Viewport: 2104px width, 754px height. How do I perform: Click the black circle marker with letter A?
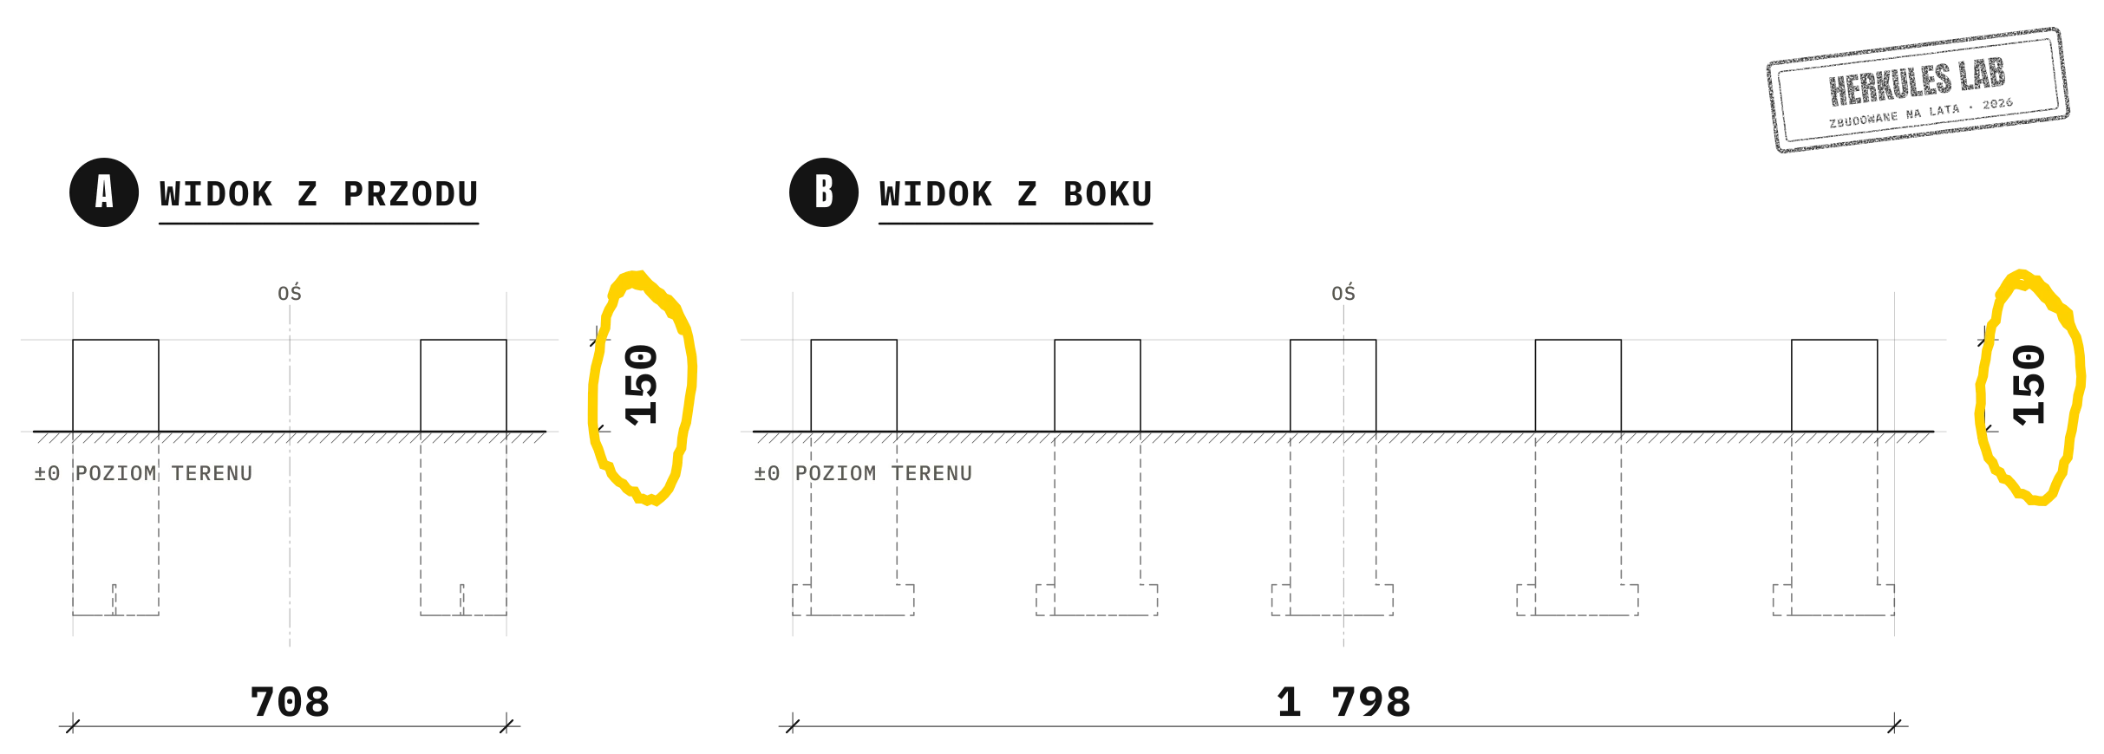104,192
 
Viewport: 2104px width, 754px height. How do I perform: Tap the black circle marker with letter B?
824,192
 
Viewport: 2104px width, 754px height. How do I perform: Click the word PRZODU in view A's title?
411,194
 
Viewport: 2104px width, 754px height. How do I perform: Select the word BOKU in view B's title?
1108,194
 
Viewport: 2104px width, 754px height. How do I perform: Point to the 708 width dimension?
290,702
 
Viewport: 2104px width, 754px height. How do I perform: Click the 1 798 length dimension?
1343,702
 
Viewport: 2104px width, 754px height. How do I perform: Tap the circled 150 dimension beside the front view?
642,385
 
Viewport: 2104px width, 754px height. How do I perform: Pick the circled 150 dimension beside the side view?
2029,385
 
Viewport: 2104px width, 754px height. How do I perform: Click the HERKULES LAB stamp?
1918,90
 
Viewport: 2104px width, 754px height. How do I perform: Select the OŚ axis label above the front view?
290,293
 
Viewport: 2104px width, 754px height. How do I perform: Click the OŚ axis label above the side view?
1343,293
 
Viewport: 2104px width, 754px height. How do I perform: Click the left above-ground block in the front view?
115,386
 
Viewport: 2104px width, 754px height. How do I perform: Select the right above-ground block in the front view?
464,386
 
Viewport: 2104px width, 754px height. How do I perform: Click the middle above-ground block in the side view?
1333,386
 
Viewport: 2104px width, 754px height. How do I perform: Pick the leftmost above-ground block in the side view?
854,386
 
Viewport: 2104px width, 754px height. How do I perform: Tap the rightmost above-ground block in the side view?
1834,386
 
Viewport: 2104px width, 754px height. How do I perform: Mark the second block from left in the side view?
1098,386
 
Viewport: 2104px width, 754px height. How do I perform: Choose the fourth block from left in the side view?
1578,386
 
